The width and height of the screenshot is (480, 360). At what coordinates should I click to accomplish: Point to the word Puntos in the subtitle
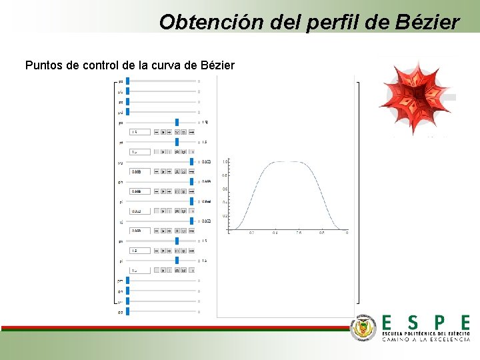[x=42, y=65]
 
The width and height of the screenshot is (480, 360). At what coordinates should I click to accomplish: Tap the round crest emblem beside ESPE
[x=364, y=327]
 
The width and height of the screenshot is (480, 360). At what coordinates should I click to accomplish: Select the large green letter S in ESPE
[x=413, y=322]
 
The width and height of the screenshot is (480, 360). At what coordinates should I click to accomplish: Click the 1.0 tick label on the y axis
[x=225, y=162]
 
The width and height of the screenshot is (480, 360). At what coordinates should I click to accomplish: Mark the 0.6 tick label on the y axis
[x=225, y=189]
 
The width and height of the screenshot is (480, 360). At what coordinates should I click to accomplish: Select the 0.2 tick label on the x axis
[x=251, y=233]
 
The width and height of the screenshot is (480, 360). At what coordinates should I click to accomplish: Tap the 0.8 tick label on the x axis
[x=322, y=233]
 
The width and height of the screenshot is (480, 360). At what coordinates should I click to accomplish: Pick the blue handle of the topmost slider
[x=128, y=81]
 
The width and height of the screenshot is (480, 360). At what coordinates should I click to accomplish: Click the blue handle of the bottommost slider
[x=128, y=311]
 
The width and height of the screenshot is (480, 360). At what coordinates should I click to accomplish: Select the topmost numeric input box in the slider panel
[x=140, y=132]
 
